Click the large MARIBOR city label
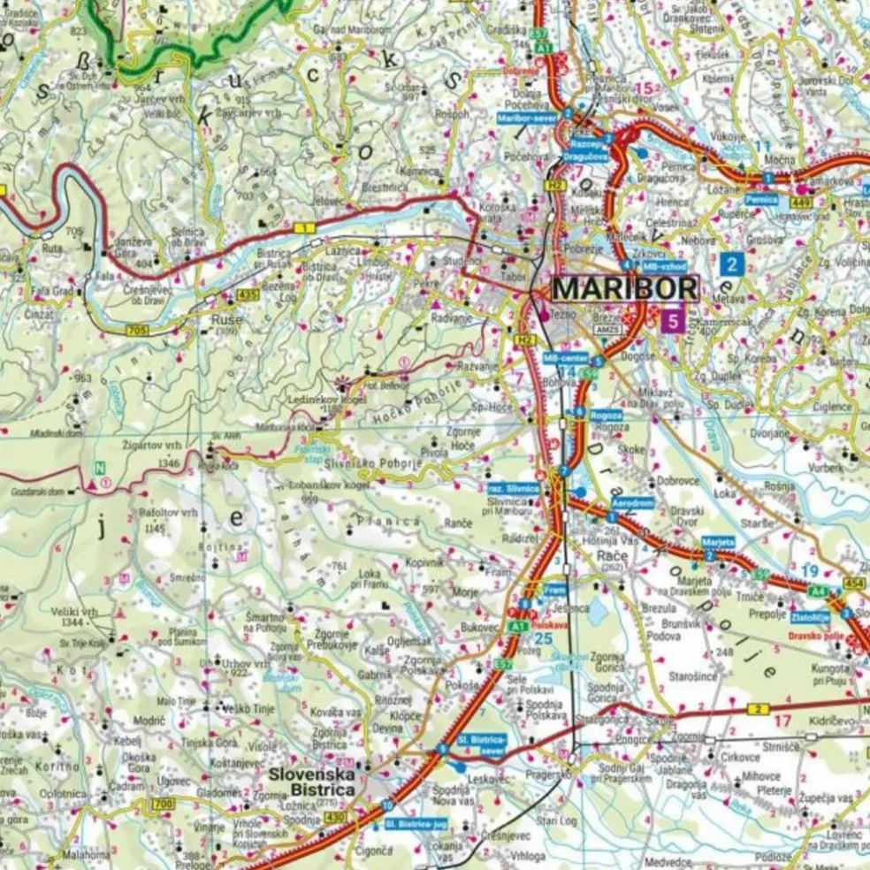tap(625, 289)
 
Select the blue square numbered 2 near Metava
tap(731, 263)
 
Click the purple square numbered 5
tap(673, 320)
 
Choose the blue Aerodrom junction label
tap(633, 502)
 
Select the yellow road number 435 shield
tap(248, 293)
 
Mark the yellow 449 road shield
tap(802, 202)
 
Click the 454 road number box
tap(853, 583)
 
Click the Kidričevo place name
tap(830, 722)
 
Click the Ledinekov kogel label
tap(316, 400)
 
